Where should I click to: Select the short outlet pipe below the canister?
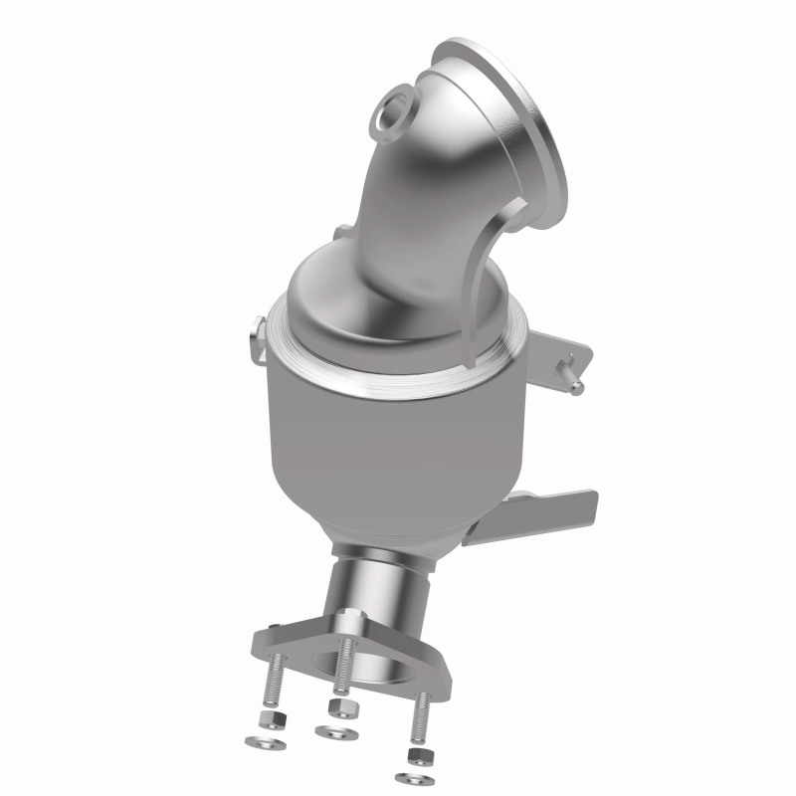point(383,587)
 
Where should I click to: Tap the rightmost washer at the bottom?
point(410,776)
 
